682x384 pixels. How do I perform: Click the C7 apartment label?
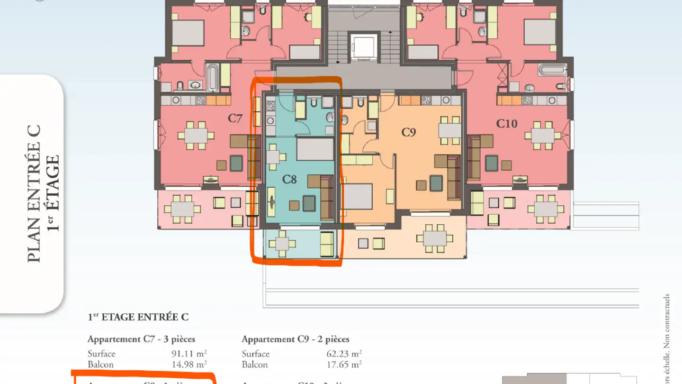point(235,118)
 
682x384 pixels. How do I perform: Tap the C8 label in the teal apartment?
point(289,179)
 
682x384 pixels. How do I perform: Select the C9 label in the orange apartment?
point(408,132)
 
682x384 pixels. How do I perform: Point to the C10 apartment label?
point(507,124)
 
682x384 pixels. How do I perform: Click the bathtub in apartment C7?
point(213,78)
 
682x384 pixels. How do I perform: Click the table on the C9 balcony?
point(434,239)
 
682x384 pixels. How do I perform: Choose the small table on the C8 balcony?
point(282,244)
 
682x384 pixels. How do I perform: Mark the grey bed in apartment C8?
point(315,149)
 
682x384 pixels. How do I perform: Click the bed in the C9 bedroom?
point(358,196)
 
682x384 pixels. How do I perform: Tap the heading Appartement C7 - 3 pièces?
point(141,339)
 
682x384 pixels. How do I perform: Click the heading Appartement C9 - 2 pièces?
point(296,339)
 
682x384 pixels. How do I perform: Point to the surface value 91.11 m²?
point(189,354)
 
